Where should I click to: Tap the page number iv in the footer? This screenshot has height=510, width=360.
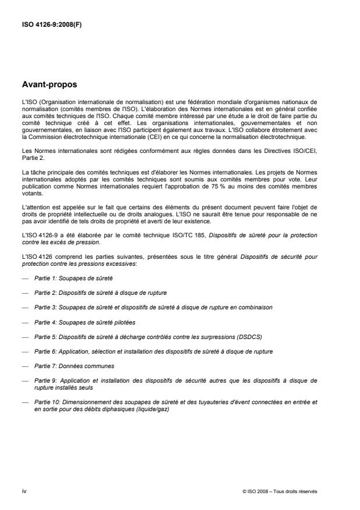[24, 491]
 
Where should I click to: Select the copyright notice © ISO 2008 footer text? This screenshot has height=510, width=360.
[280, 491]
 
